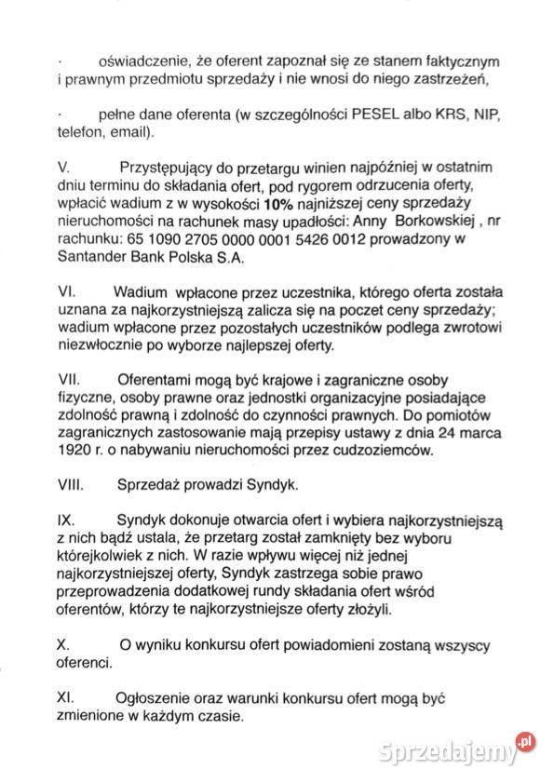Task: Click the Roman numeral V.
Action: click(63, 170)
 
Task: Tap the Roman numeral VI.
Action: click(65, 291)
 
